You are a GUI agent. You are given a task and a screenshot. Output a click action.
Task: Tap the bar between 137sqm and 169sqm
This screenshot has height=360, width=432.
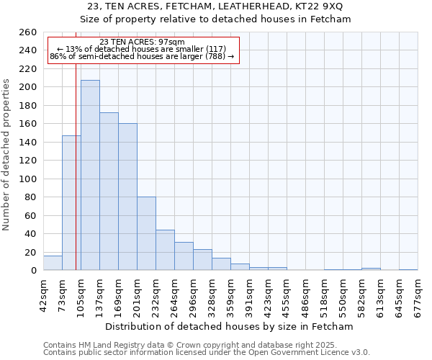coord(109,191)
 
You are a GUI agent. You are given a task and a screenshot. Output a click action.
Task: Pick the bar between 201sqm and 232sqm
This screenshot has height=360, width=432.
coord(146,234)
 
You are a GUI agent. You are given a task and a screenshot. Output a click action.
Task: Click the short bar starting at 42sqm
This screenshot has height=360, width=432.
coord(53,264)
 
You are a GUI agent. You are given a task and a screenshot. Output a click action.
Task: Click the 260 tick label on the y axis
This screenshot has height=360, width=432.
coord(28,32)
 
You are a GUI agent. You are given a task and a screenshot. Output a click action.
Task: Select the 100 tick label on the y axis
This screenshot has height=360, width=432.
coord(28,179)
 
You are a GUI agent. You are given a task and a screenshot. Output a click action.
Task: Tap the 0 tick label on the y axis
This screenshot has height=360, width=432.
coord(34,271)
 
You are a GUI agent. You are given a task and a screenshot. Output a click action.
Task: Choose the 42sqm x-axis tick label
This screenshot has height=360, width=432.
coord(43,293)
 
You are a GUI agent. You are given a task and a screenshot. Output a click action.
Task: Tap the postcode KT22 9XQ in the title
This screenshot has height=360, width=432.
coord(320,6)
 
